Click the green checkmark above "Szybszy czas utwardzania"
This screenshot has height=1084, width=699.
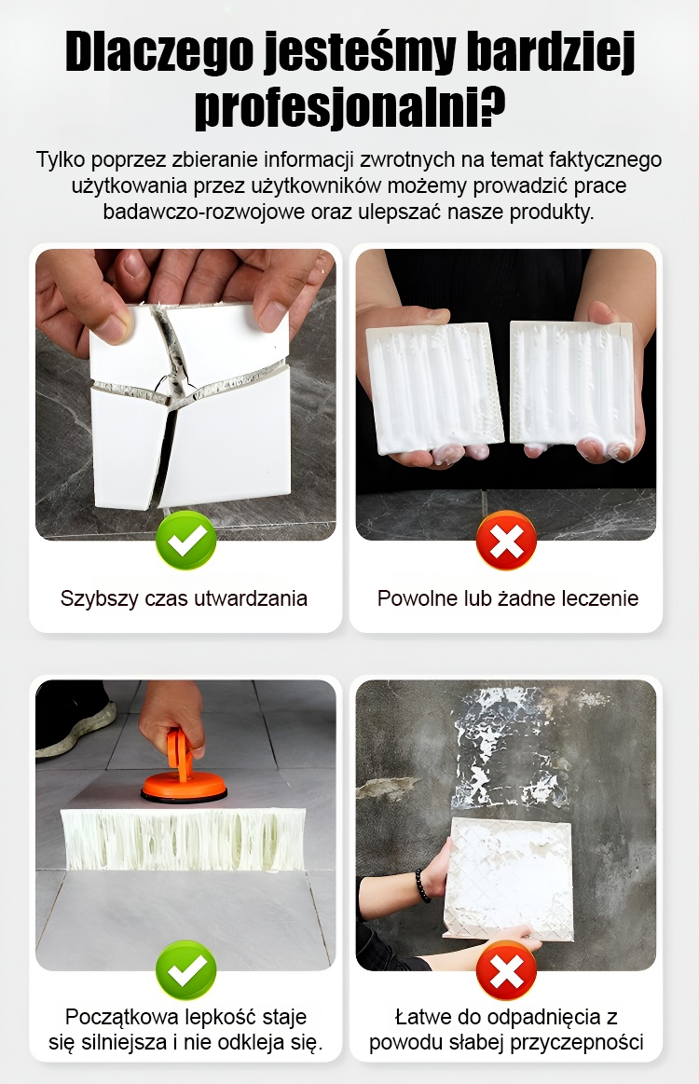[x=186, y=540]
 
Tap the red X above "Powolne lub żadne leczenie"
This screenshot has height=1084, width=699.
[x=506, y=540]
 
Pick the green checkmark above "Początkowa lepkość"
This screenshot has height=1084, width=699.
[x=186, y=969]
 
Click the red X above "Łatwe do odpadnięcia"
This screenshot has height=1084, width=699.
[x=506, y=969]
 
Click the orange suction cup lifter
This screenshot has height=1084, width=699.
[x=184, y=775]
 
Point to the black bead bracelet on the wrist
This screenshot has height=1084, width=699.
[x=422, y=885]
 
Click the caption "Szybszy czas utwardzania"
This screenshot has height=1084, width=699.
[x=184, y=598]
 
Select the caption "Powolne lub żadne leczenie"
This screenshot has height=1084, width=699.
[x=508, y=598]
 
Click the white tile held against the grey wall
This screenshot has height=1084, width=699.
[x=510, y=878]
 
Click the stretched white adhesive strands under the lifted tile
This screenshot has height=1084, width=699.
[x=184, y=840]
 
